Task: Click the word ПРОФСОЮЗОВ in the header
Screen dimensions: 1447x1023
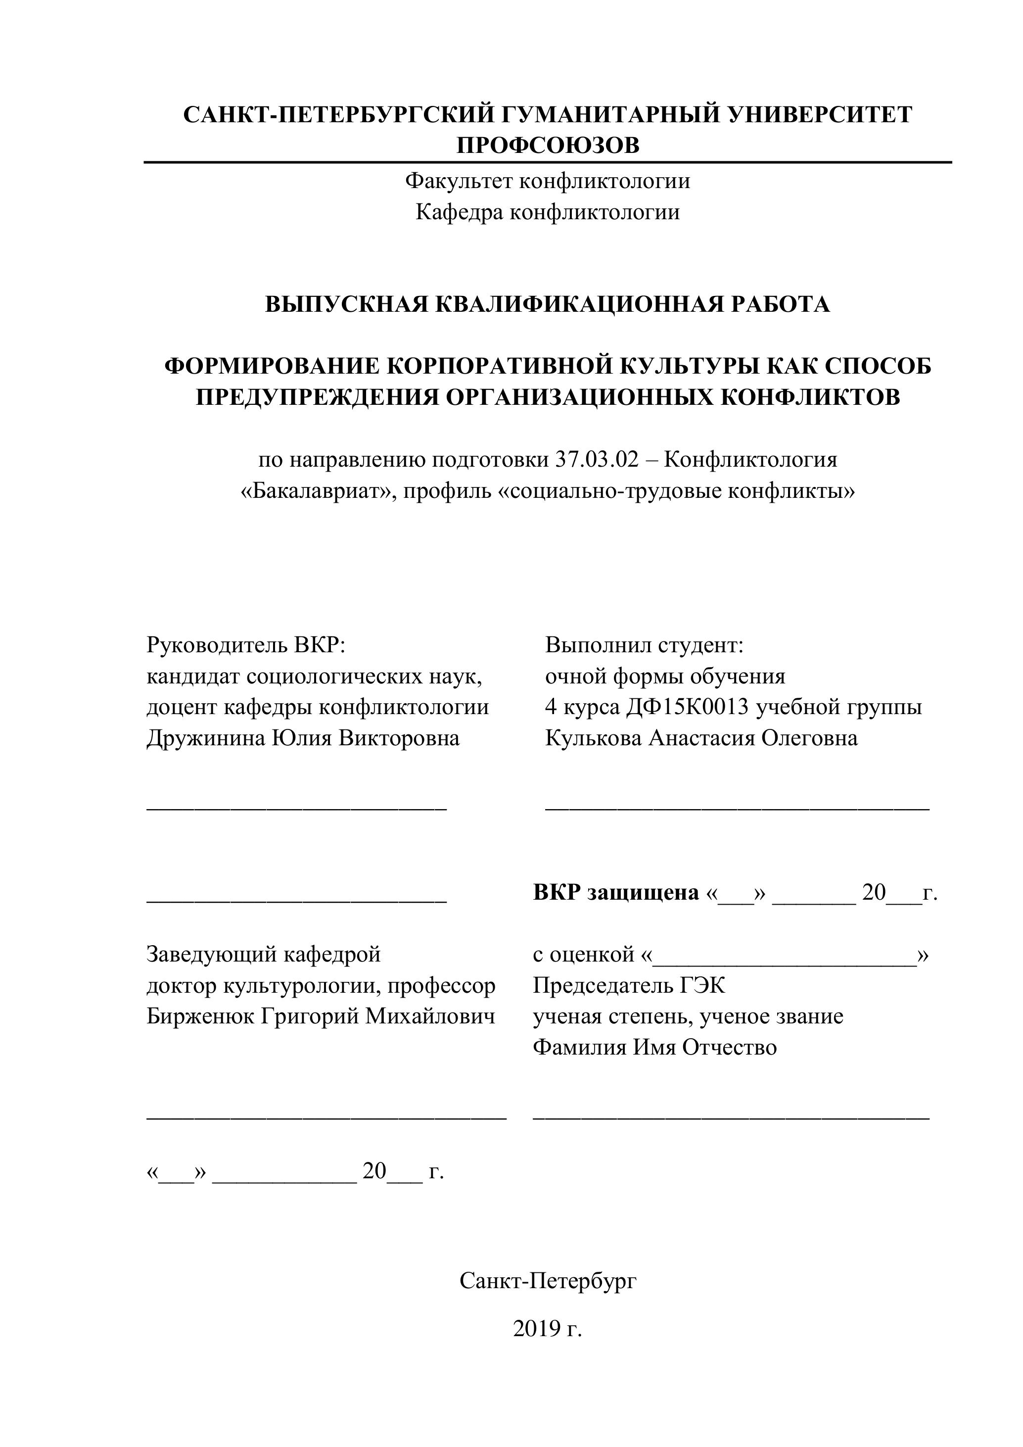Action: click(x=548, y=145)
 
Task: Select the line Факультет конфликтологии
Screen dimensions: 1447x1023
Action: click(x=548, y=182)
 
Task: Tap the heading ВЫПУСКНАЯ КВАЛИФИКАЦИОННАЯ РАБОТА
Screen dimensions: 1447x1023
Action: click(x=548, y=304)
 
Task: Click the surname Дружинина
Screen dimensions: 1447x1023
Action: click(x=205, y=737)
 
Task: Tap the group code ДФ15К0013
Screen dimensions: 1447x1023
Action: click(x=687, y=707)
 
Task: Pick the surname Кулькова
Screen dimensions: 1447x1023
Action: click(x=594, y=737)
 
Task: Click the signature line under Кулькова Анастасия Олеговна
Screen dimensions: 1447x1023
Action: click(x=737, y=809)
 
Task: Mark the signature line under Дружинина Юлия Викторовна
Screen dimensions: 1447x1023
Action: click(x=297, y=809)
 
